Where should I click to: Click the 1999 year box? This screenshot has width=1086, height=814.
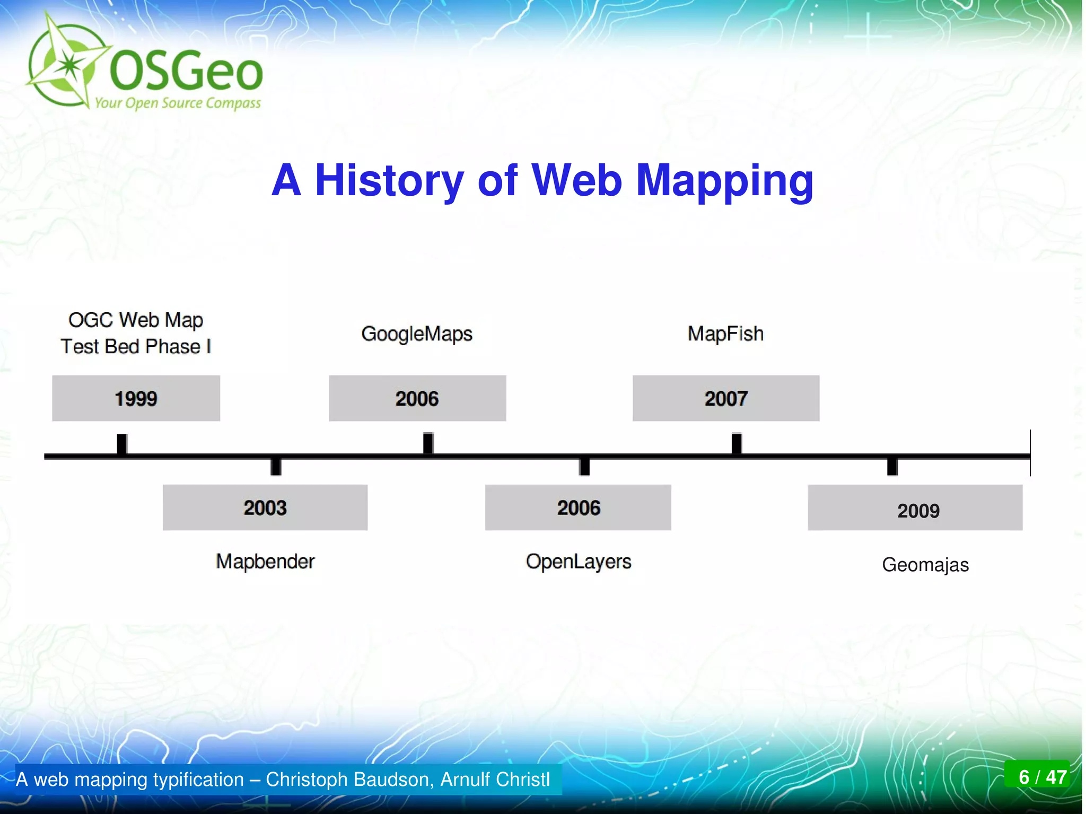click(x=136, y=398)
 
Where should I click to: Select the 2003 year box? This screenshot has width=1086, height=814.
click(x=265, y=507)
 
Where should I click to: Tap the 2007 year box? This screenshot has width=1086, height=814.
click(x=725, y=398)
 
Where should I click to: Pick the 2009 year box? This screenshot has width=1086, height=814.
click(x=915, y=507)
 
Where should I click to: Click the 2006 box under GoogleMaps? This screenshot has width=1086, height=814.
click(x=417, y=398)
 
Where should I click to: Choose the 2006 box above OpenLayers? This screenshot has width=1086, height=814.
click(x=578, y=507)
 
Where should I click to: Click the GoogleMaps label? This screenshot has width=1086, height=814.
click(x=417, y=334)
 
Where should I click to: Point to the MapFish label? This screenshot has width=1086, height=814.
click(x=725, y=334)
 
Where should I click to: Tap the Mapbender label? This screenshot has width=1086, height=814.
click(x=265, y=561)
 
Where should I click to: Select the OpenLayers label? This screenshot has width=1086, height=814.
click(x=579, y=561)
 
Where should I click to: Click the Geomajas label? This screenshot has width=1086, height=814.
click(x=925, y=565)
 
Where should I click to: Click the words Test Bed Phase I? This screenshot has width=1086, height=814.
click(x=136, y=347)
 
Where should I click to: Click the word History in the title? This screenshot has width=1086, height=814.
click(x=389, y=180)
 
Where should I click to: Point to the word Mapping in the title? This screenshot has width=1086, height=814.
click(x=724, y=181)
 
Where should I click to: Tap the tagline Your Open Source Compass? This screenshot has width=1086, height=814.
click(x=178, y=103)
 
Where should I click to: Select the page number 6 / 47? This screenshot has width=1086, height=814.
click(x=1042, y=777)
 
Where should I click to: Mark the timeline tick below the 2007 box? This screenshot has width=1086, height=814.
click(x=736, y=444)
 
